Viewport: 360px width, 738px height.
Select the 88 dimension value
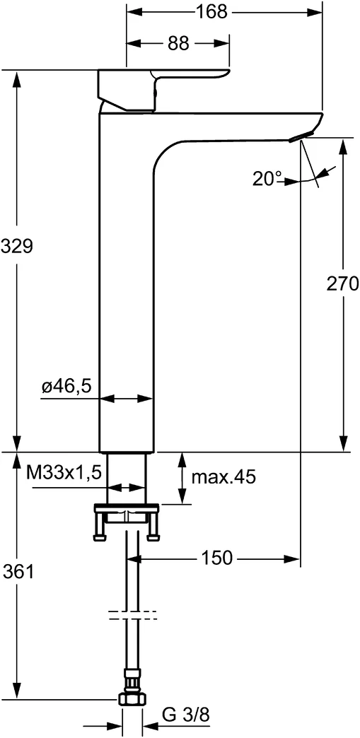point(179,44)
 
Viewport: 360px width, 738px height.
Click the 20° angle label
point(267,180)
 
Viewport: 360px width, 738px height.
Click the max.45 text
point(223,477)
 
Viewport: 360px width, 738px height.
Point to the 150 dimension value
point(216,558)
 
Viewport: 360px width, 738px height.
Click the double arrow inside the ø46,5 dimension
point(125,399)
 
